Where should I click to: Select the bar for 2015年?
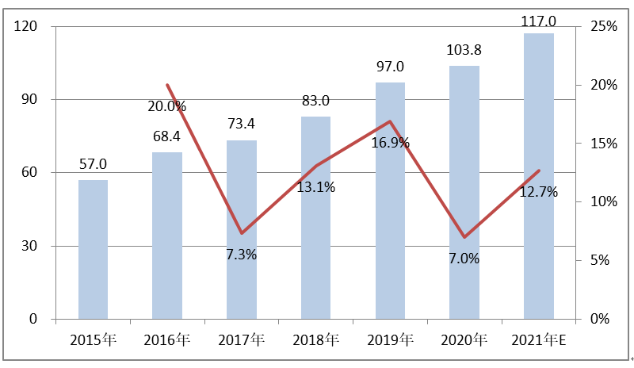pos(93,250)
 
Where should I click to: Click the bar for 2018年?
pos(315,218)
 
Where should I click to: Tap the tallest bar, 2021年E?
pos(538,176)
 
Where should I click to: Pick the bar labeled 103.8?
pos(464,193)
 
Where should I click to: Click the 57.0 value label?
pos(93,165)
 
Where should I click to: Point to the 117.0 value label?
pos(538,21)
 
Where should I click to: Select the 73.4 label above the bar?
pos(242,125)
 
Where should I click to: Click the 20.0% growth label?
pos(166,105)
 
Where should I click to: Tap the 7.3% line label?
pos(242,255)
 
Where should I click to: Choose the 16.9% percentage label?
pos(390,143)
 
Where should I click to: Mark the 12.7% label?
pos(539,191)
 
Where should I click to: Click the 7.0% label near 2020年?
pos(464,259)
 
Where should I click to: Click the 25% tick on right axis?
pos(604,27)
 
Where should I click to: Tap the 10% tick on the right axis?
pos(604,202)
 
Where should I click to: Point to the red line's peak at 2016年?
pos(167,85)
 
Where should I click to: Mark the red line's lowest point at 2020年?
pos(464,237)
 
